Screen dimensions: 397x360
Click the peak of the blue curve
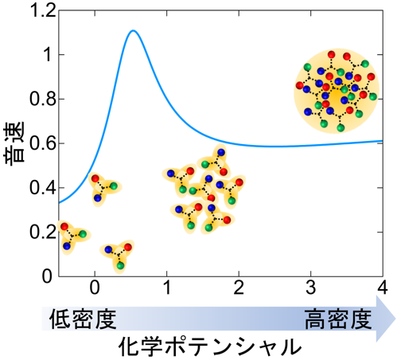[x=133, y=30]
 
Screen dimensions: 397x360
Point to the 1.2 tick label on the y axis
[x=43, y=10]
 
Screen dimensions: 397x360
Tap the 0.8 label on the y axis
[x=43, y=99]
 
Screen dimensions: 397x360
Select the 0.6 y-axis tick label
[x=43, y=143]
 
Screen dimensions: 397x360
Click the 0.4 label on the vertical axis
[x=43, y=188]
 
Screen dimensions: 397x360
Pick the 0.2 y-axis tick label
[x=43, y=232]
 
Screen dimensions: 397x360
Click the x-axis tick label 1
[x=167, y=288]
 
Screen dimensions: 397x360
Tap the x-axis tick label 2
[x=239, y=288]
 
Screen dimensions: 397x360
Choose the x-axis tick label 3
[x=311, y=288]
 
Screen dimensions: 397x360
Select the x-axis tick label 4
[x=382, y=288]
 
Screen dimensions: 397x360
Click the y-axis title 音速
[x=14, y=143]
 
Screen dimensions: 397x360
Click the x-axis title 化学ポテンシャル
[x=210, y=346]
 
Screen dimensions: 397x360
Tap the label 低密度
[x=83, y=319]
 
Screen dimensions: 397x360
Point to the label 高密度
[x=338, y=319]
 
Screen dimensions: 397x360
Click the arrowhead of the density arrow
[x=386, y=319]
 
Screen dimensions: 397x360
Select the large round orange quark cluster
[x=337, y=91]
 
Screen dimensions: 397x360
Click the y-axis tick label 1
[x=49, y=55]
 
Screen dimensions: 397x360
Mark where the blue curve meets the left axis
[x=59, y=203]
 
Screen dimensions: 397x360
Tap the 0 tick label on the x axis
[x=95, y=288]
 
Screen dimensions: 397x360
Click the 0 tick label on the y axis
[x=47, y=276]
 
